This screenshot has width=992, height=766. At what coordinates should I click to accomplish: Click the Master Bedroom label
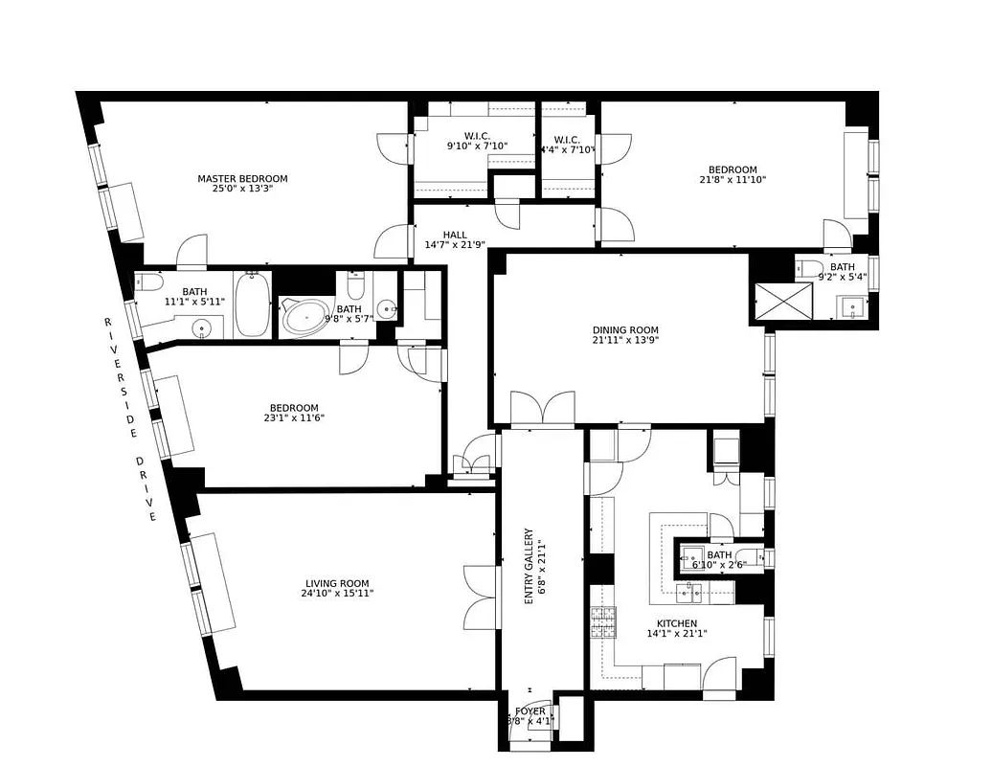click(x=242, y=178)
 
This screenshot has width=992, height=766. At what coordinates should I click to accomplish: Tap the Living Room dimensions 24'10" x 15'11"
click(x=337, y=594)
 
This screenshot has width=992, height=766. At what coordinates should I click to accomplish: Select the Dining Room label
click(x=625, y=330)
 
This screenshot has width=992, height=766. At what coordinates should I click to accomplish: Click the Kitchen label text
click(x=676, y=623)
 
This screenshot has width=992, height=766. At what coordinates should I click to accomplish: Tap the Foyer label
click(x=530, y=711)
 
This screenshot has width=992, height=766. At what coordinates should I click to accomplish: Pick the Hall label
click(x=455, y=235)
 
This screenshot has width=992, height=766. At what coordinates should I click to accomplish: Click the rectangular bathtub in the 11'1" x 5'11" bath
click(x=253, y=304)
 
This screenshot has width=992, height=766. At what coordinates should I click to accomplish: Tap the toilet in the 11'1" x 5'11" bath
click(x=148, y=284)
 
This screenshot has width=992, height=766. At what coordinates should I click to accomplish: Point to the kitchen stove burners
click(x=602, y=623)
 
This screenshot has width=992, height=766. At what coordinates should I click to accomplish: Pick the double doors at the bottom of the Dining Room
click(x=543, y=409)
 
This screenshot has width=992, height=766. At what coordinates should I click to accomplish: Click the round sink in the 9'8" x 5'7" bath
click(x=387, y=309)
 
